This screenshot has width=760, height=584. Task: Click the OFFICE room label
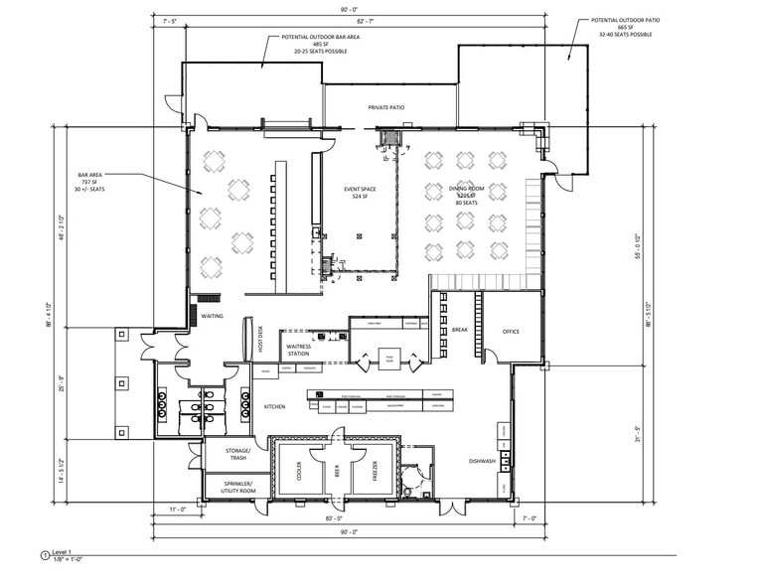click(511, 332)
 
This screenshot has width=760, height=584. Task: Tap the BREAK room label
click(459, 330)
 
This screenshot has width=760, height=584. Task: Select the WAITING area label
click(211, 317)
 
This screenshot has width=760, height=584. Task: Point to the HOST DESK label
click(261, 340)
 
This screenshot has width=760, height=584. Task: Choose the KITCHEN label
click(274, 407)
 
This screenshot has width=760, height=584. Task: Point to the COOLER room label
click(297, 475)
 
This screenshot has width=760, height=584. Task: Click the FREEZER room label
click(373, 475)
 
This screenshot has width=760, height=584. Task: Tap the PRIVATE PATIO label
click(385, 107)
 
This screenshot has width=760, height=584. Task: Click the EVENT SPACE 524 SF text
click(358, 192)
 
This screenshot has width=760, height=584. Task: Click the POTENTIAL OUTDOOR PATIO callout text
click(625, 27)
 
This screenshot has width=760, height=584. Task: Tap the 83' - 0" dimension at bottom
click(334, 517)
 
